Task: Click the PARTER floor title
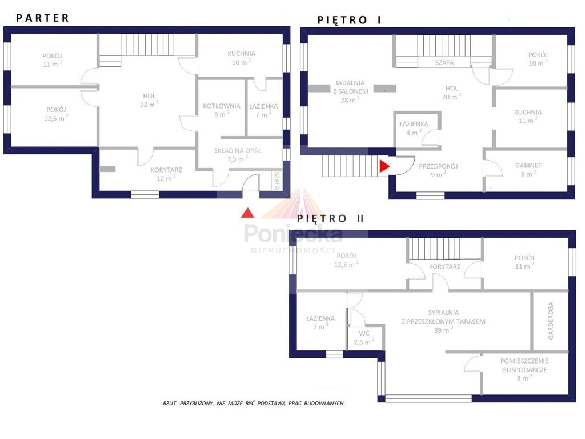(x=42, y=18)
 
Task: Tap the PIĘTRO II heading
(x=331, y=218)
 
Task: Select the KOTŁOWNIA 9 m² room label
(x=222, y=110)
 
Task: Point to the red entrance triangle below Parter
(x=247, y=213)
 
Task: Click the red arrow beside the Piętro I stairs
(x=384, y=166)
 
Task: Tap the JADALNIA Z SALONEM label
(x=350, y=91)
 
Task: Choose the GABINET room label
(x=528, y=169)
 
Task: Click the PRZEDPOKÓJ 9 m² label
(x=438, y=170)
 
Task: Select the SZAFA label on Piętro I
(x=444, y=63)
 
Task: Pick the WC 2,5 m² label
(x=364, y=338)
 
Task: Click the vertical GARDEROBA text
(x=551, y=321)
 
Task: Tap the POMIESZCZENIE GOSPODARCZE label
(x=524, y=370)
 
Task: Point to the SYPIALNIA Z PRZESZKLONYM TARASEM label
(x=443, y=321)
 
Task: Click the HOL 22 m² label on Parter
(x=149, y=101)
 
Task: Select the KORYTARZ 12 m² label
(x=166, y=174)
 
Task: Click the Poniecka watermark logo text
(x=293, y=233)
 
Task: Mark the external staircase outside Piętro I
(x=351, y=166)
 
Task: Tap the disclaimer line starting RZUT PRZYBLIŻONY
(x=254, y=404)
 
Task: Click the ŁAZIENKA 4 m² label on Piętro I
(x=414, y=128)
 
